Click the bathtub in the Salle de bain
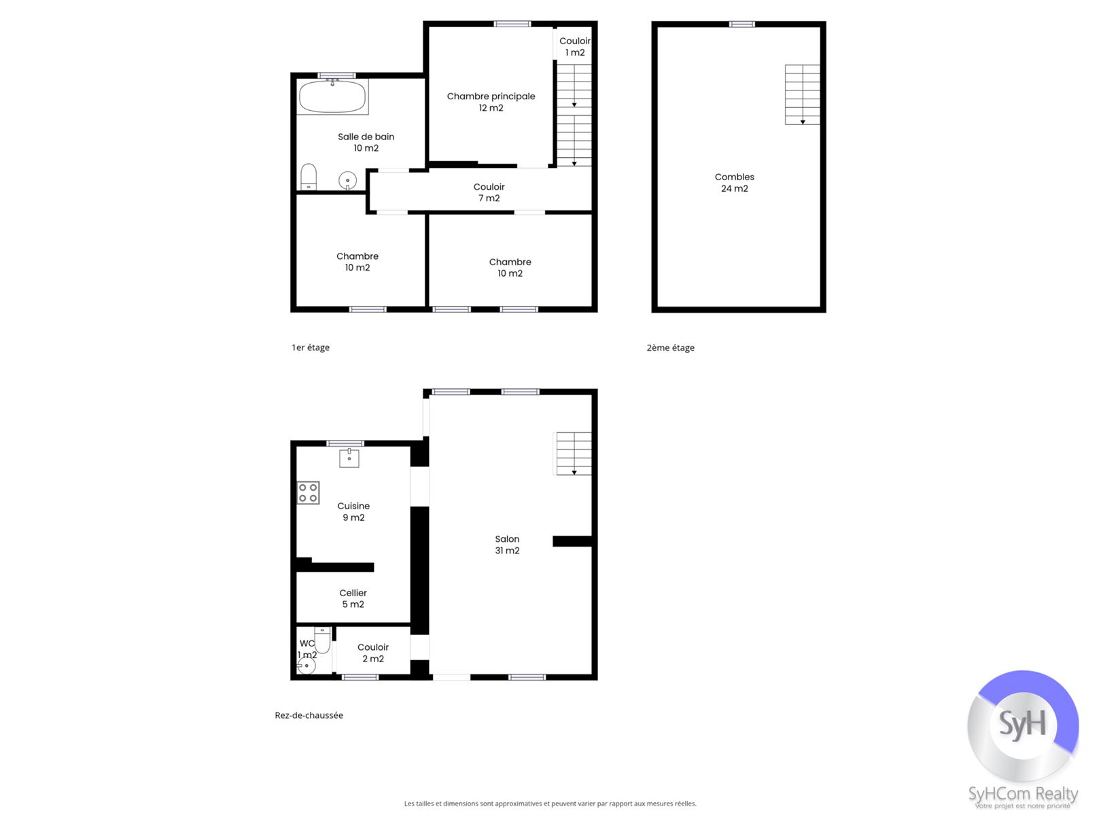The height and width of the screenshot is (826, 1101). (x=332, y=97)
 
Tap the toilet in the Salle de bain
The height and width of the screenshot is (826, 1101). (x=309, y=177)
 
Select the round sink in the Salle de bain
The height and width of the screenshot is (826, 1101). (x=347, y=181)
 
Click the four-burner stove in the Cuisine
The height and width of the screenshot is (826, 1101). (x=308, y=492)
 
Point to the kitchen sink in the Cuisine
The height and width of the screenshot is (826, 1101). (x=349, y=458)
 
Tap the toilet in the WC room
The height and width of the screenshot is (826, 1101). (x=322, y=640)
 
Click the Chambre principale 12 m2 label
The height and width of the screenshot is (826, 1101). (x=491, y=102)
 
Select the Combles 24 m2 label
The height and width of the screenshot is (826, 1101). (x=734, y=183)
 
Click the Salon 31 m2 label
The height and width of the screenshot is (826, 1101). (x=507, y=545)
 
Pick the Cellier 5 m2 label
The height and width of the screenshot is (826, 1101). (x=353, y=598)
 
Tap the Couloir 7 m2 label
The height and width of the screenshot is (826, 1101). (x=489, y=192)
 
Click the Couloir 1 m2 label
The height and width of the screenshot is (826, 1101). (x=575, y=46)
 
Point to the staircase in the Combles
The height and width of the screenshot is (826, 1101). (x=802, y=94)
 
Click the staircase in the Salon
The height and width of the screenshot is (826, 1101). (x=574, y=453)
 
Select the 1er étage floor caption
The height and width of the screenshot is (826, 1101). (x=311, y=347)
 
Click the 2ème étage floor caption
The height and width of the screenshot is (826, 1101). (x=670, y=347)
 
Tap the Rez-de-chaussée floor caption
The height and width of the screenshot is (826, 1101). (x=309, y=715)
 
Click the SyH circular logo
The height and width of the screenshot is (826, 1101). (x=1023, y=725)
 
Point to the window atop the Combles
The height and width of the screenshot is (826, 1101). (x=741, y=24)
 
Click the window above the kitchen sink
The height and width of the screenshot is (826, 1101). (x=345, y=443)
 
